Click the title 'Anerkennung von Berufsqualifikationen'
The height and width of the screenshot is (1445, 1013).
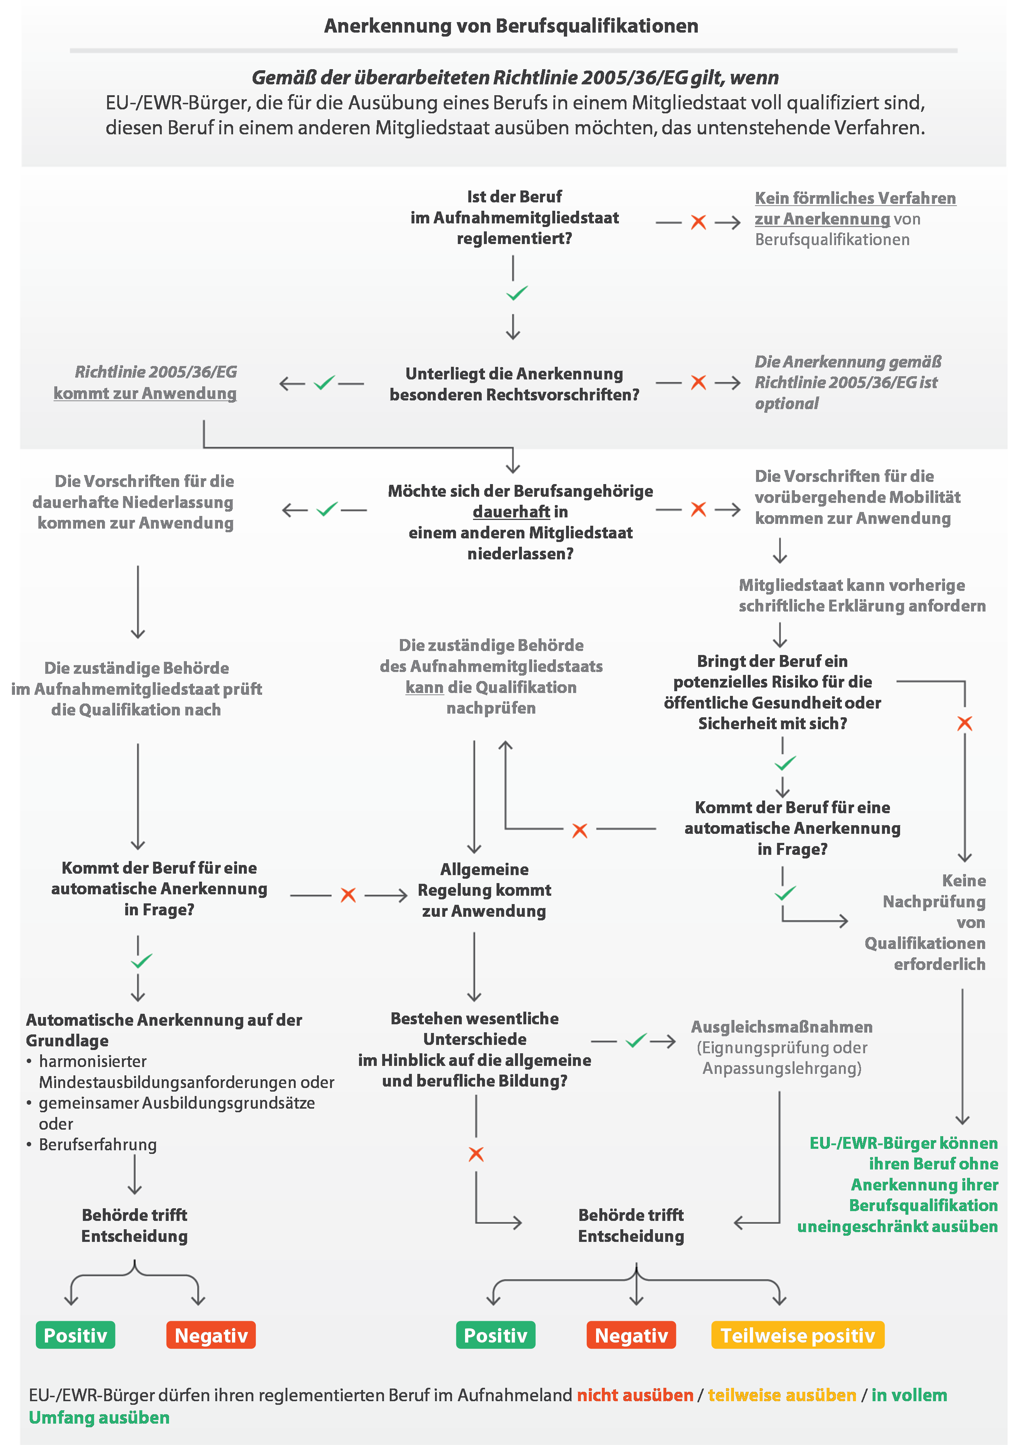pos(511,26)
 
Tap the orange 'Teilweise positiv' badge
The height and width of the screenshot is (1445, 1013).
pos(797,1335)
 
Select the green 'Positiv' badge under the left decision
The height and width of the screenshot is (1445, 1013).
pos(76,1335)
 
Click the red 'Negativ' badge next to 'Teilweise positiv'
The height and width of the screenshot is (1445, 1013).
pos(631,1335)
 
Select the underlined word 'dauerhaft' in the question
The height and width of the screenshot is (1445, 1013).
pos(511,512)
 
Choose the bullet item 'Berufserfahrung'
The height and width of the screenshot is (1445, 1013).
pos(97,1144)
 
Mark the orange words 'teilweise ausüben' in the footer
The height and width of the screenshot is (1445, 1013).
pos(782,1395)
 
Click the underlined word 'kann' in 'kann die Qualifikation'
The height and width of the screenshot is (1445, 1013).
pos(425,687)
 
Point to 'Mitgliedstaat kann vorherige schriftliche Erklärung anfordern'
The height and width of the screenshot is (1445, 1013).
pos(862,595)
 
